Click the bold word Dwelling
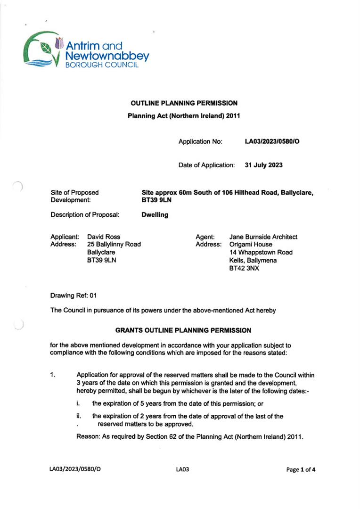click(x=155, y=214)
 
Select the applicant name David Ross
click(x=104, y=237)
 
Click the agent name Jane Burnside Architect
click(x=263, y=237)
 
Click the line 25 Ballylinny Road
click(x=114, y=245)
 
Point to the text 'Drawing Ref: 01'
click(x=73, y=296)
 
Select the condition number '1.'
click(x=53, y=375)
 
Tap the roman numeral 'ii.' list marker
click(x=79, y=416)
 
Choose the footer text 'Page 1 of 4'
click(x=301, y=469)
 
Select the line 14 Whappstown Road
click(x=261, y=253)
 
